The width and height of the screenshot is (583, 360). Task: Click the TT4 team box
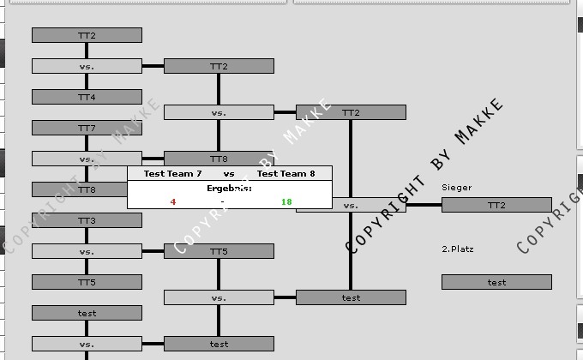(87, 97)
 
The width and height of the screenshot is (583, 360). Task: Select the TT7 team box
(87, 128)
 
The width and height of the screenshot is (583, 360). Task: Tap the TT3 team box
(87, 220)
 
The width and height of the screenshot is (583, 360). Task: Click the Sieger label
(457, 187)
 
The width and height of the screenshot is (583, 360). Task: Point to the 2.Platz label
(458, 249)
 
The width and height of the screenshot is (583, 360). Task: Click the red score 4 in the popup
(173, 202)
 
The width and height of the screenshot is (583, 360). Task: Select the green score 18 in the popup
(286, 202)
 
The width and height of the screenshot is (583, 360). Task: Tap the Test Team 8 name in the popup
(286, 174)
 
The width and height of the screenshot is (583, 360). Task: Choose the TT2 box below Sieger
(496, 205)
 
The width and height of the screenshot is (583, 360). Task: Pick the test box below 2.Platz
(496, 282)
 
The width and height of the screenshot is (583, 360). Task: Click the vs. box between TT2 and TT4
(87, 66)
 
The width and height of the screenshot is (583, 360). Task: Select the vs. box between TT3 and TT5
(87, 251)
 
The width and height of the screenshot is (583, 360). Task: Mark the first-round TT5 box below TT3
(87, 282)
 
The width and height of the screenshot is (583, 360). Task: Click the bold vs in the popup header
(229, 174)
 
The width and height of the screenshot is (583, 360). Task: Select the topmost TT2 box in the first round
(87, 35)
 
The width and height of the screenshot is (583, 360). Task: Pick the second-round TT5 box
(219, 251)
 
